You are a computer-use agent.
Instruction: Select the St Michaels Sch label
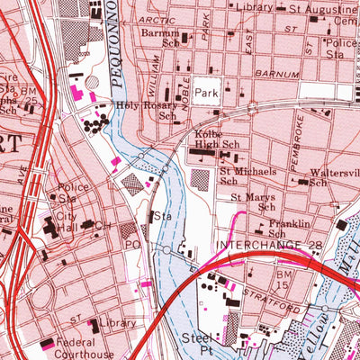pos(244,173)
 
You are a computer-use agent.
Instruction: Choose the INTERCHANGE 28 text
pos(255,245)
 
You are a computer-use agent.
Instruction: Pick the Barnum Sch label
pos(160,40)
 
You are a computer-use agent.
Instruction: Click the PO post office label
pos(130,244)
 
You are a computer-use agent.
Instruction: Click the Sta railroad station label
pos(162,217)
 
